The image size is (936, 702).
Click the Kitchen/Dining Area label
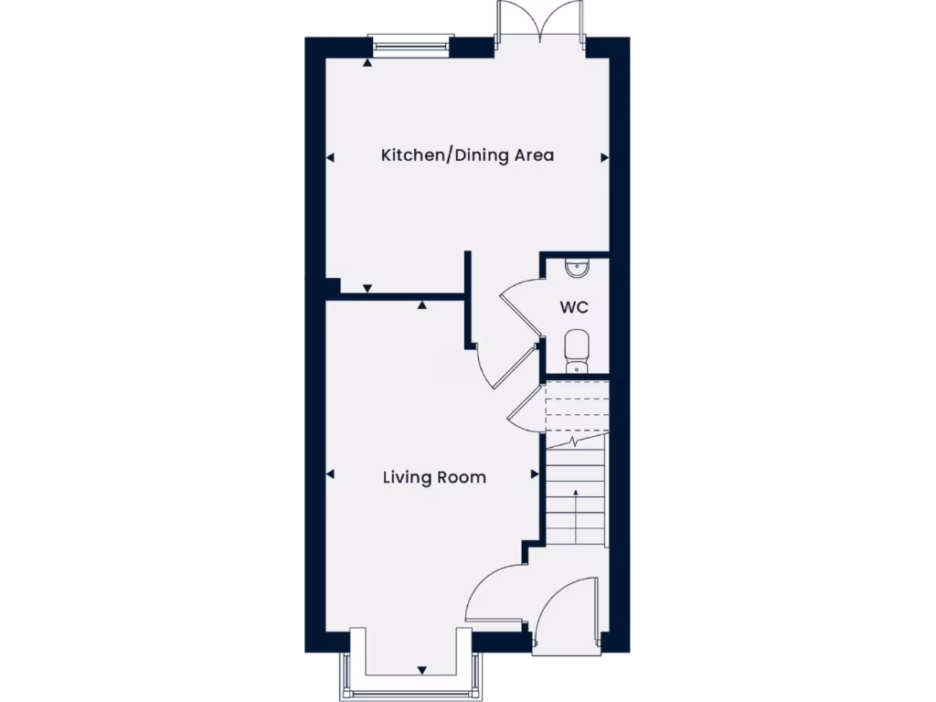467,155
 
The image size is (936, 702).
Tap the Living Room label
434,477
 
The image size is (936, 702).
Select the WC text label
574,307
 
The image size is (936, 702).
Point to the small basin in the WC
578,267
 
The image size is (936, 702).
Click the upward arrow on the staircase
576,494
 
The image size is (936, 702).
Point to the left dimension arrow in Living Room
330,474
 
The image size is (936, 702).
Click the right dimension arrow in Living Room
535,474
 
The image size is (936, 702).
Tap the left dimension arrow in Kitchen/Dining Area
330,158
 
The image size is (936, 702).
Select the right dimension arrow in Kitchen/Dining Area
604,158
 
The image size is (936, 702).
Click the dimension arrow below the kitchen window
367,63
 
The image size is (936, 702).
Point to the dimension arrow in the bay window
422,669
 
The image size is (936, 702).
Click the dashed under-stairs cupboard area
576,406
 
